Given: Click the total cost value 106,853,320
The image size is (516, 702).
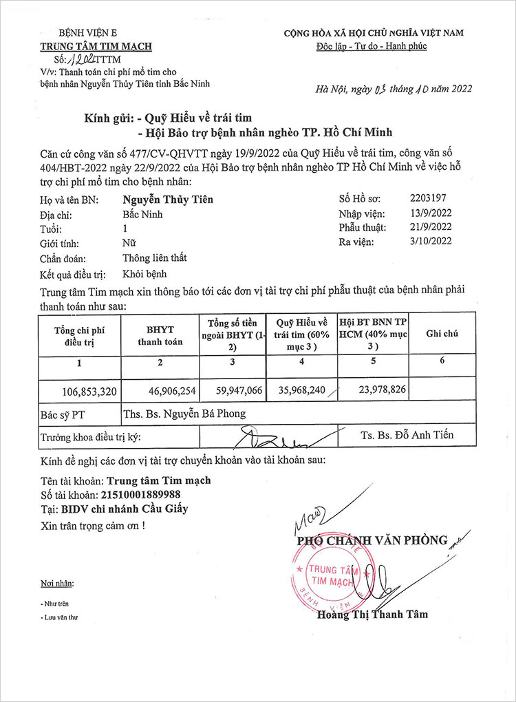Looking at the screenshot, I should tap(89, 391).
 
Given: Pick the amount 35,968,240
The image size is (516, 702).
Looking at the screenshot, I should tap(299, 390).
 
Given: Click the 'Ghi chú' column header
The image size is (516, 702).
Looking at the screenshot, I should tap(442, 333).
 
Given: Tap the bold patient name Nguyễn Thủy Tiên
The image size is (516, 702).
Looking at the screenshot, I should tap(168, 200).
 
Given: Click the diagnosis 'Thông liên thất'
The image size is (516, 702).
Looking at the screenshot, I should tap(155, 258).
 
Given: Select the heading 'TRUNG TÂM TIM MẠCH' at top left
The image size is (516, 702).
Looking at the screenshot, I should tap(96, 47).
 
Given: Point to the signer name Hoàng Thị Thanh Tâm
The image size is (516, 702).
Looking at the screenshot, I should tap(372, 614).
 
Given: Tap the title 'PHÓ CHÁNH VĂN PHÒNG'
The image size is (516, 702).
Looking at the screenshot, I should tap(372, 540).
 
